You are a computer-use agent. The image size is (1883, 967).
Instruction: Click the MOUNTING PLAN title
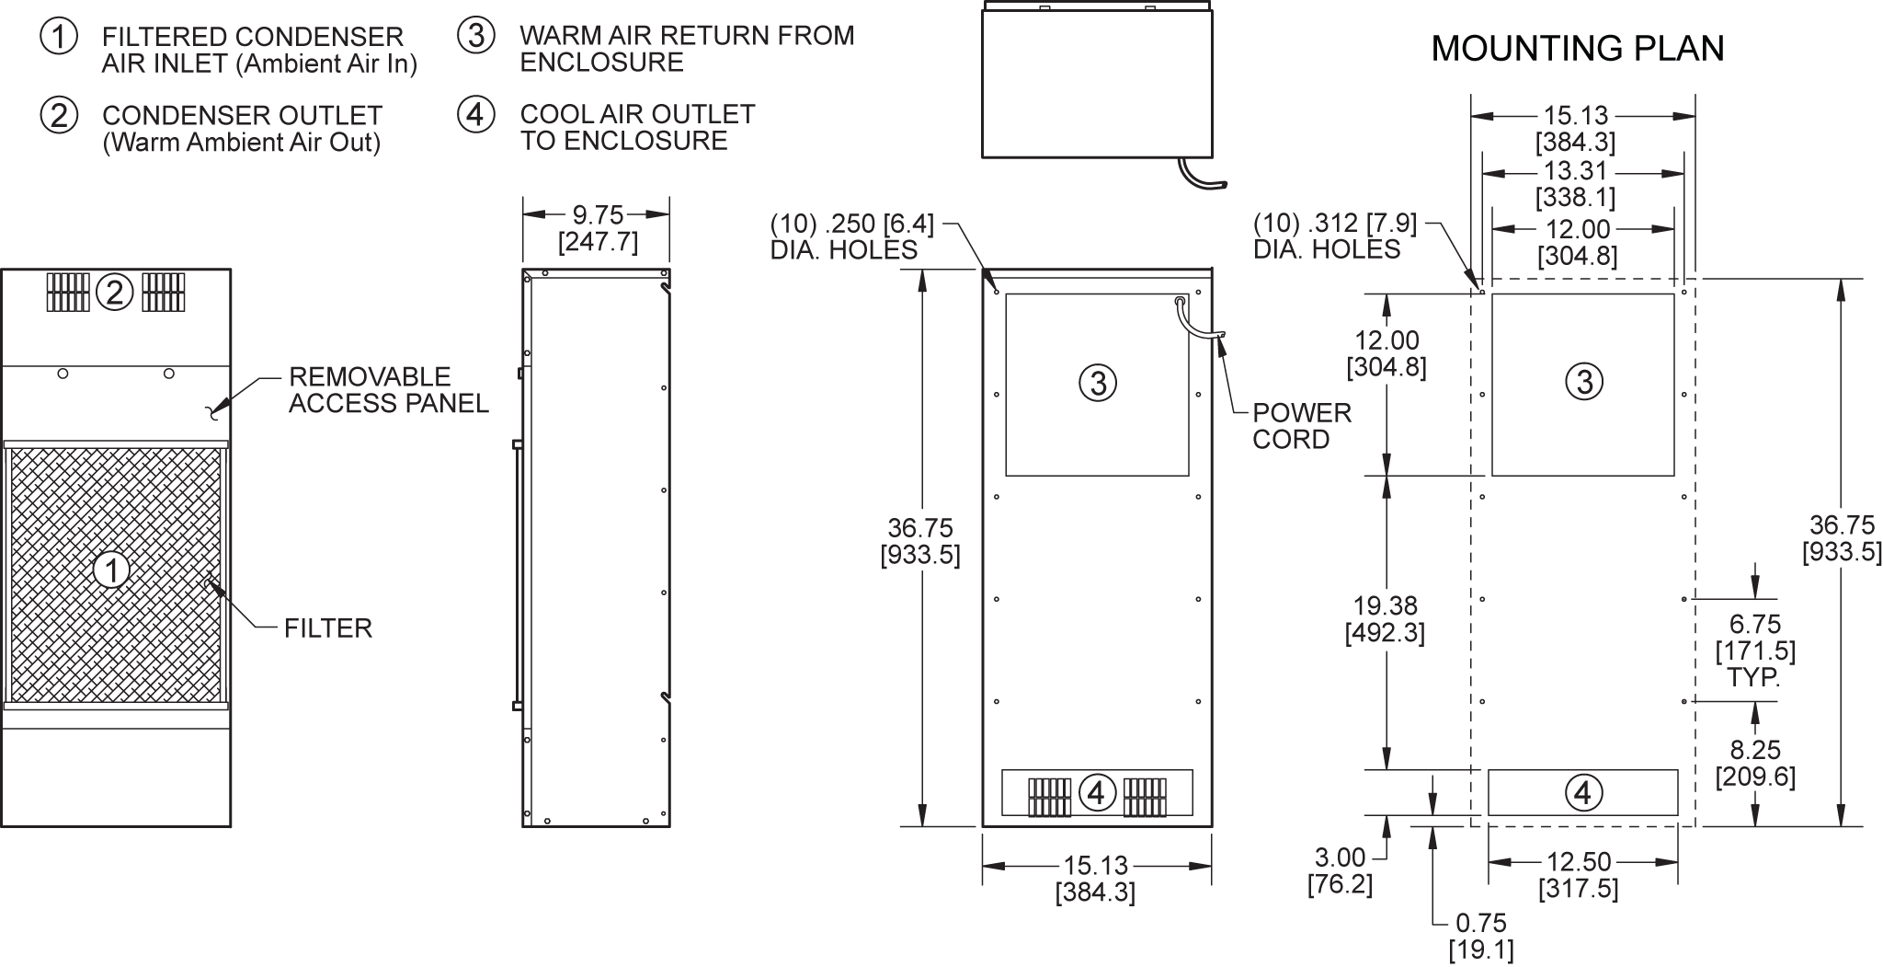click(x=1578, y=48)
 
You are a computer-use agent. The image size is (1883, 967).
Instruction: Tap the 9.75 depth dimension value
click(x=598, y=215)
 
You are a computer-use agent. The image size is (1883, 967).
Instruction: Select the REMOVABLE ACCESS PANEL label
click(x=389, y=390)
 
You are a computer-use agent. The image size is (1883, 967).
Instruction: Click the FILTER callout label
click(x=328, y=628)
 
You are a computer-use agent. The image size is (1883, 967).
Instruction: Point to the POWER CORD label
click(x=1302, y=426)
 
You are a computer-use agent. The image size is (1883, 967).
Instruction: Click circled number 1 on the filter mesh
click(x=112, y=570)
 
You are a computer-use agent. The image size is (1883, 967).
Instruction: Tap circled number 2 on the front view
click(x=115, y=293)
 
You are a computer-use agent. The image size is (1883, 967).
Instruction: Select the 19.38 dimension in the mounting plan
click(x=1385, y=619)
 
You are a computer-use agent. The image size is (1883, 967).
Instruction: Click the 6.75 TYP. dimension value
click(x=1755, y=650)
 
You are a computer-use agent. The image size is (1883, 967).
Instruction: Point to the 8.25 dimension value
click(x=1755, y=764)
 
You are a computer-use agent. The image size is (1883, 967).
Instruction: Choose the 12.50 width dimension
click(x=1579, y=875)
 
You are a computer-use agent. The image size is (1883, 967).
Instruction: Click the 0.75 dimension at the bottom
click(x=1481, y=937)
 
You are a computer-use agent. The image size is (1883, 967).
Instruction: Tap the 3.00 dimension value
click(x=1341, y=871)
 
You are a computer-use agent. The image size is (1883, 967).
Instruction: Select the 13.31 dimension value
click(x=1576, y=184)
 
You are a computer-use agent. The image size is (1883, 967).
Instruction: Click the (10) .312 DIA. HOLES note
click(x=1335, y=236)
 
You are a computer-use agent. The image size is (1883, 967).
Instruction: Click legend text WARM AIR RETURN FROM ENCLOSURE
click(x=687, y=49)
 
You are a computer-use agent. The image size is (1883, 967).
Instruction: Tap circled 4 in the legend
click(x=475, y=114)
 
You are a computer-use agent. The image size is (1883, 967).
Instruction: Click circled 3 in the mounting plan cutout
click(x=1583, y=382)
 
